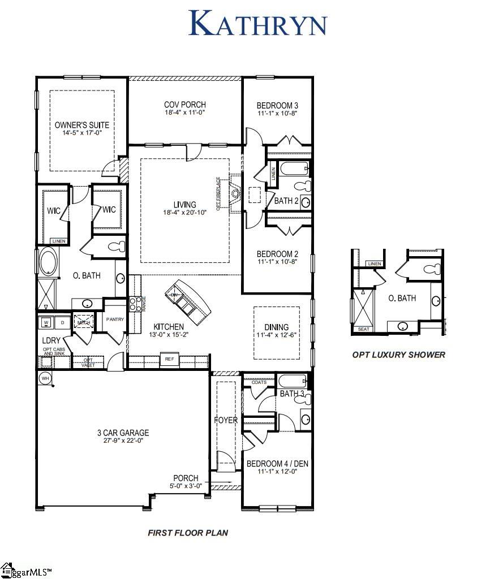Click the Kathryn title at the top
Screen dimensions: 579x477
pyautogui.click(x=257, y=24)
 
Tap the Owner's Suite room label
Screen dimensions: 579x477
pyautogui.click(x=82, y=125)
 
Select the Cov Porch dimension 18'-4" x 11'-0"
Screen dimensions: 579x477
pyautogui.click(x=185, y=113)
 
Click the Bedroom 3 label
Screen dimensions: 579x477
pyautogui.click(x=277, y=105)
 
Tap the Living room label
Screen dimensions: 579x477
pyautogui.click(x=185, y=205)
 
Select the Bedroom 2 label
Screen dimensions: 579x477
pyautogui.click(x=277, y=254)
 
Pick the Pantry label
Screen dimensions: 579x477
pyautogui.click(x=115, y=319)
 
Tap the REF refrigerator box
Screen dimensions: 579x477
pyautogui.click(x=169, y=359)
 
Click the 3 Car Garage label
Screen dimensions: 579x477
pyautogui.click(x=122, y=433)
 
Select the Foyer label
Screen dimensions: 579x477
pyautogui.click(x=225, y=421)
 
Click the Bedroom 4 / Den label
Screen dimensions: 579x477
pyautogui.click(x=277, y=464)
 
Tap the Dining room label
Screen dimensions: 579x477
pyautogui.click(x=276, y=327)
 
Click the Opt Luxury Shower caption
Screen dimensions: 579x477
pyautogui.click(x=398, y=355)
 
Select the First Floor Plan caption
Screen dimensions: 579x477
pyautogui.click(x=188, y=533)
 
